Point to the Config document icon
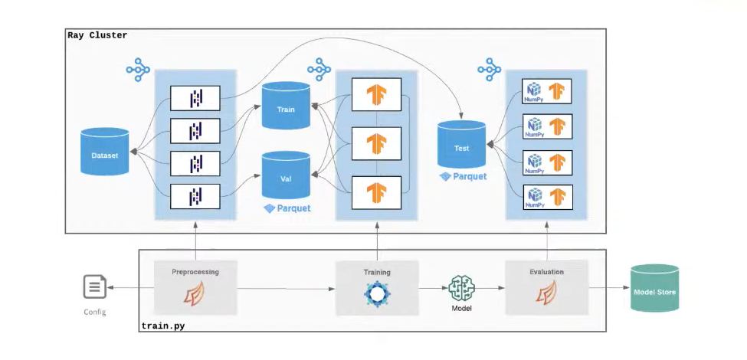[x=95, y=288]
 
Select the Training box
[x=376, y=288]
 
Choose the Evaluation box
[x=546, y=288]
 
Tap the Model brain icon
[x=460, y=288]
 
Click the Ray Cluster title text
[x=97, y=35]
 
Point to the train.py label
[x=162, y=326]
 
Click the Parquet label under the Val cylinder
[x=287, y=208]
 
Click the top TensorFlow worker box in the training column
[x=376, y=94]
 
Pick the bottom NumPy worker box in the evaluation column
[x=546, y=197]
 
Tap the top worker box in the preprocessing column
[x=195, y=97]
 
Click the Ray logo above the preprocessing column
[x=138, y=70]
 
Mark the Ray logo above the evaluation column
[x=489, y=70]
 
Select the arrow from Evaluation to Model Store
[x=608, y=288]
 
